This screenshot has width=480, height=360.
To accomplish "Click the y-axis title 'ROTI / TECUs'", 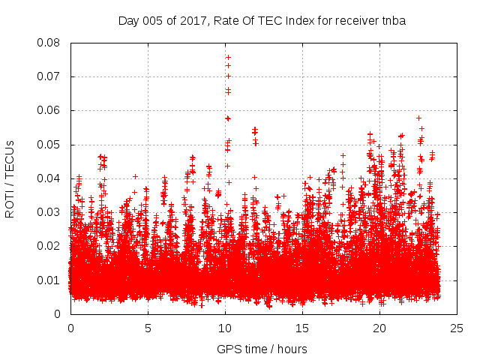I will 10,178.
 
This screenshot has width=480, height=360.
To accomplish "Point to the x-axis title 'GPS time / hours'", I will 262,349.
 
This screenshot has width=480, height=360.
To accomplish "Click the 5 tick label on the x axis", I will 148,328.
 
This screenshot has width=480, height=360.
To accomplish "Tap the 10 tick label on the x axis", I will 225,328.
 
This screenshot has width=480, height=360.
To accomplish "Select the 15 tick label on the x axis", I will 302,328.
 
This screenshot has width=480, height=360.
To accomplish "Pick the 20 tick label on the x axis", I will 379,328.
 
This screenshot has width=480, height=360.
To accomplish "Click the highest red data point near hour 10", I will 228,57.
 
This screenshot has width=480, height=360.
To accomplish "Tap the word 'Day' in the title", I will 128,21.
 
